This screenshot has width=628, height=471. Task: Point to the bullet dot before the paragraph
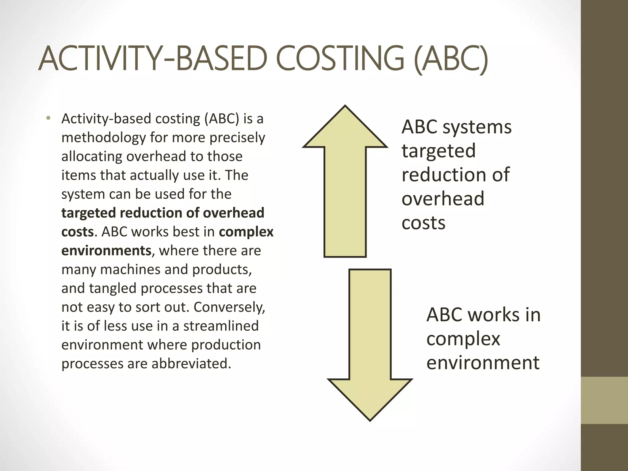48,118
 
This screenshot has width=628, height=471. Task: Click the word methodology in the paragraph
103,138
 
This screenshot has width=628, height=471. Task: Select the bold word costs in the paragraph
77,232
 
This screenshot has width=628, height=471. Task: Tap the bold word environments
106,251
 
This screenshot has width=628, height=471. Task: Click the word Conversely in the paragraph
229,307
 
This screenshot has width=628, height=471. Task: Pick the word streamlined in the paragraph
221,326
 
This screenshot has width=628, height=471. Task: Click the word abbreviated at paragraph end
191,364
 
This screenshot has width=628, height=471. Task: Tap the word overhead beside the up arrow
443,199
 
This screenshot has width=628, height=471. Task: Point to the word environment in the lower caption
483,362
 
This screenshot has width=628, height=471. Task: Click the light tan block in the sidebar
604,400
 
